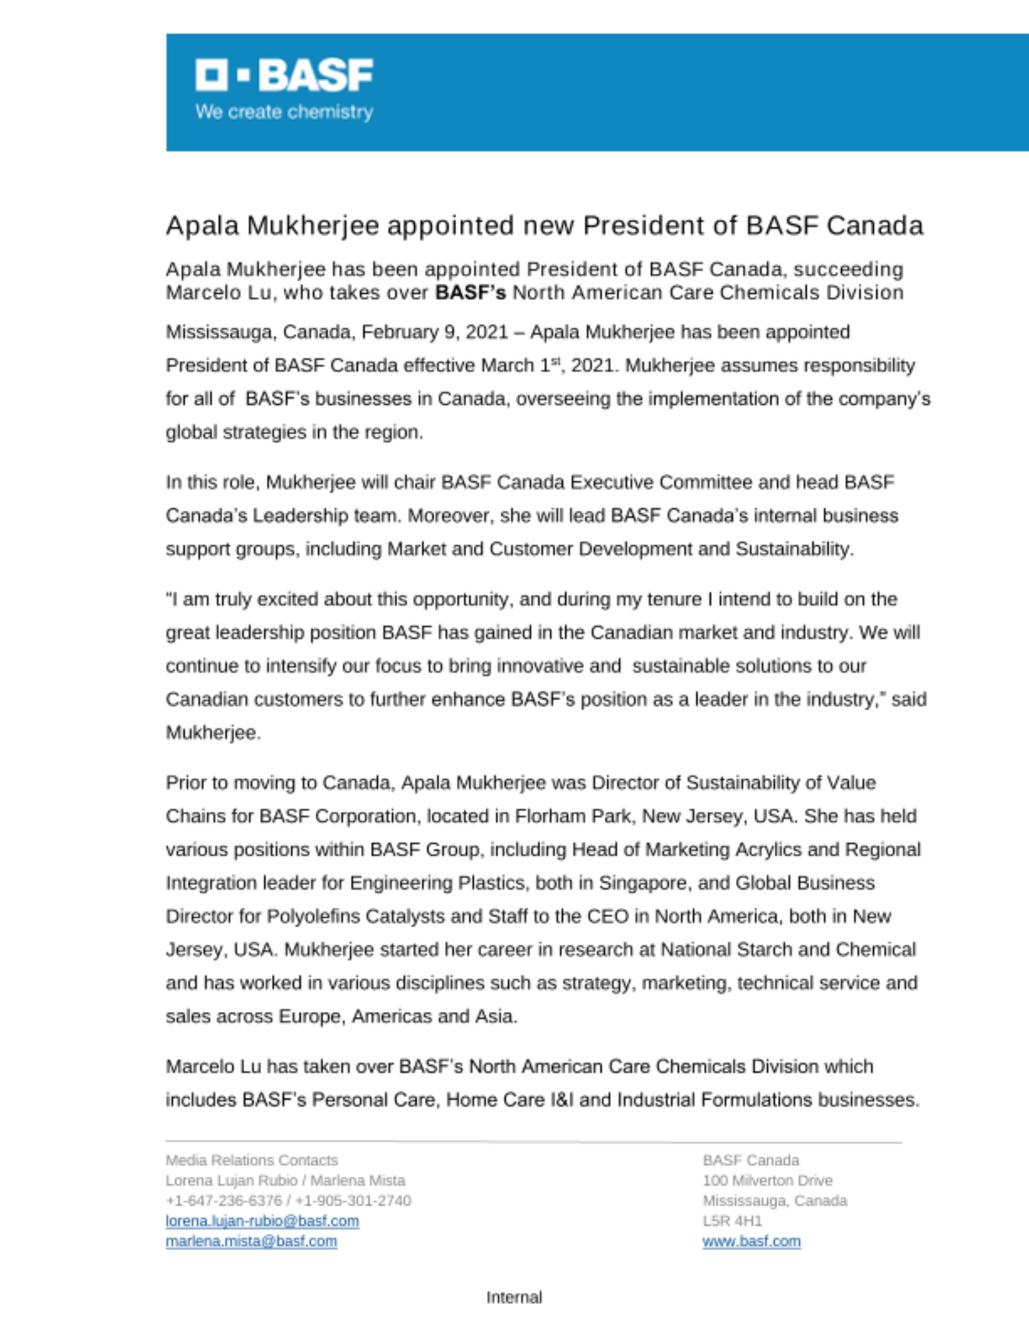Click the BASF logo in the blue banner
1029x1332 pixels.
pos(284,75)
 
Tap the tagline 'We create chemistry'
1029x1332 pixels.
pos(284,112)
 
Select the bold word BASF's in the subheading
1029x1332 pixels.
pos(470,293)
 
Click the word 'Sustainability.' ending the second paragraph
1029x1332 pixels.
pos(794,549)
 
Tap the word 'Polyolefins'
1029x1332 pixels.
pos(310,916)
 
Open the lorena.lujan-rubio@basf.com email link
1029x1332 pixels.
pos(262,1221)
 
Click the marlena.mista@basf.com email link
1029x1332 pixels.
pos(251,1241)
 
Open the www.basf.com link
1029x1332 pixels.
pos(751,1241)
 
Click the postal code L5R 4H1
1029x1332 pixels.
pos(732,1221)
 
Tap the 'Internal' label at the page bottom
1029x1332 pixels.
pos(514,1297)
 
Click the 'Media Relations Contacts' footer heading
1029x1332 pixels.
pos(252,1160)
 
